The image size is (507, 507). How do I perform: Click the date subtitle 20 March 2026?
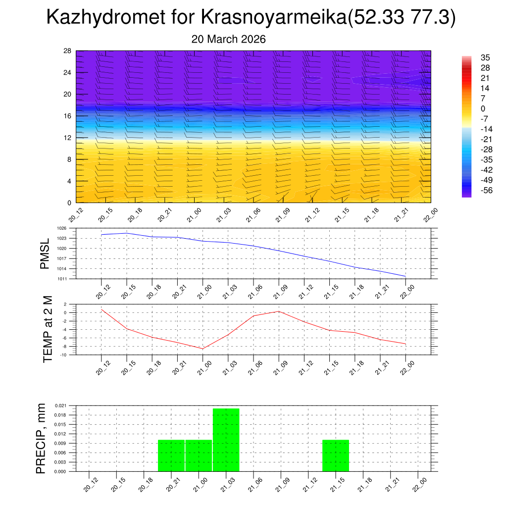click(x=228, y=39)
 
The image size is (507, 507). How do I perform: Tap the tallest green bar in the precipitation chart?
click(x=226, y=440)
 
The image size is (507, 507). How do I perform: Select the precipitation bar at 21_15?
click(x=336, y=456)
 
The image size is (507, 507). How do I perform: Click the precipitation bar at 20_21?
click(x=171, y=456)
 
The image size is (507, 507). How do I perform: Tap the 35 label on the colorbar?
click(x=485, y=58)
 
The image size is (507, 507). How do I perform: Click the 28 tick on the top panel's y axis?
click(x=68, y=51)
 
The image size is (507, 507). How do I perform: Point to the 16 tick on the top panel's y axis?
click(x=68, y=116)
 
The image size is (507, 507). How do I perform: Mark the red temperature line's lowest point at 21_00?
click(x=203, y=349)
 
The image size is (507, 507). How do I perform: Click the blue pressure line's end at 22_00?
click(x=406, y=276)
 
